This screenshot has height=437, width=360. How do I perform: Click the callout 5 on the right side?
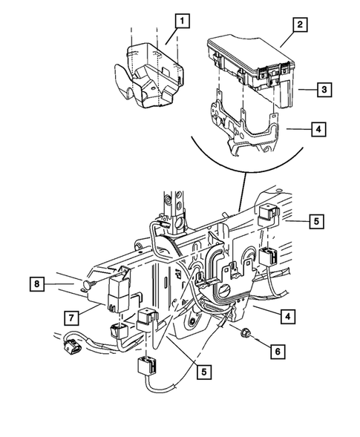pos(314,221)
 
